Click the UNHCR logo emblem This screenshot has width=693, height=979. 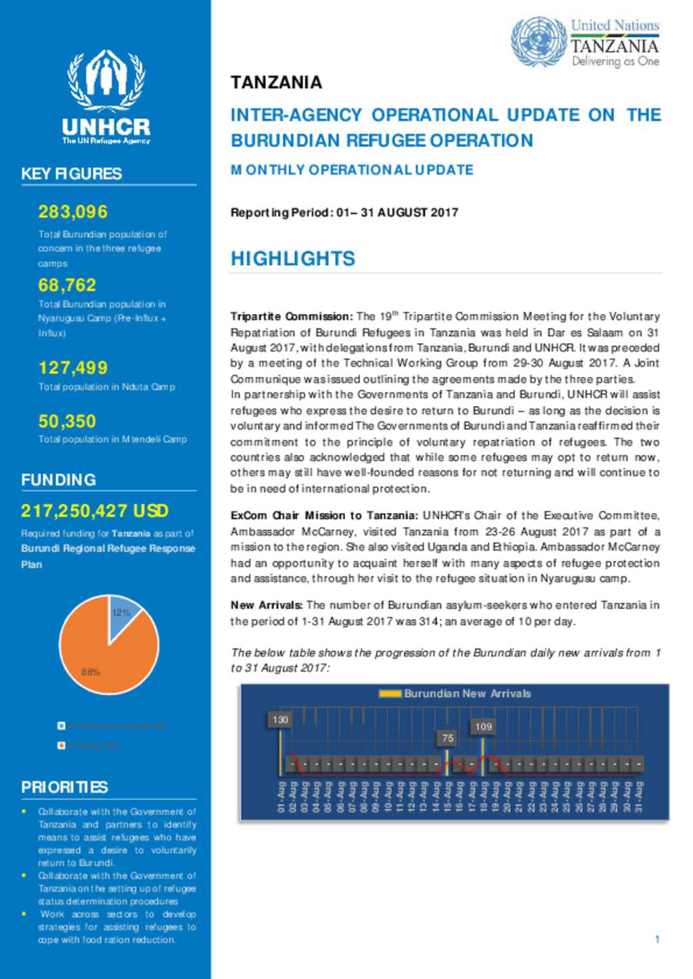pyautogui.click(x=106, y=81)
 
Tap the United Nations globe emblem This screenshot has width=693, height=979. pyautogui.click(x=538, y=42)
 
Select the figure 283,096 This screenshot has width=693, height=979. pyautogui.click(x=73, y=212)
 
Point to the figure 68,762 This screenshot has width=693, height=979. pyautogui.click(x=67, y=285)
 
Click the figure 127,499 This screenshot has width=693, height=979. pyautogui.click(x=73, y=367)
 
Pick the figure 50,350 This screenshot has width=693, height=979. pyautogui.click(x=67, y=421)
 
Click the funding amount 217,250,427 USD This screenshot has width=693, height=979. pyautogui.click(x=95, y=511)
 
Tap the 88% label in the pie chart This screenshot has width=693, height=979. pyautogui.click(x=91, y=672)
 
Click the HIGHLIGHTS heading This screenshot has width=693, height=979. pyautogui.click(x=292, y=258)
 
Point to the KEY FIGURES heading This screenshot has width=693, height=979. pyautogui.click(x=72, y=174)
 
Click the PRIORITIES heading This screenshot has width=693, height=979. pyautogui.click(x=64, y=787)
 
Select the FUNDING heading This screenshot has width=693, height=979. pyautogui.click(x=58, y=480)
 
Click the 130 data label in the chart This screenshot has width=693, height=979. pyautogui.click(x=280, y=720)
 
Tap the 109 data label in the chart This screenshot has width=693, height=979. pyautogui.click(x=483, y=727)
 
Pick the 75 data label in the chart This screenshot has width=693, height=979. pyautogui.click(x=447, y=738)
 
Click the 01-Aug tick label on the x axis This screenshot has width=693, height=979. pyautogui.click(x=281, y=797)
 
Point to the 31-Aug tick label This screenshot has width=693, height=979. pyautogui.click(x=638, y=797)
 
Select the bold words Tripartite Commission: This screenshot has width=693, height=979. pyautogui.click(x=291, y=317)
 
